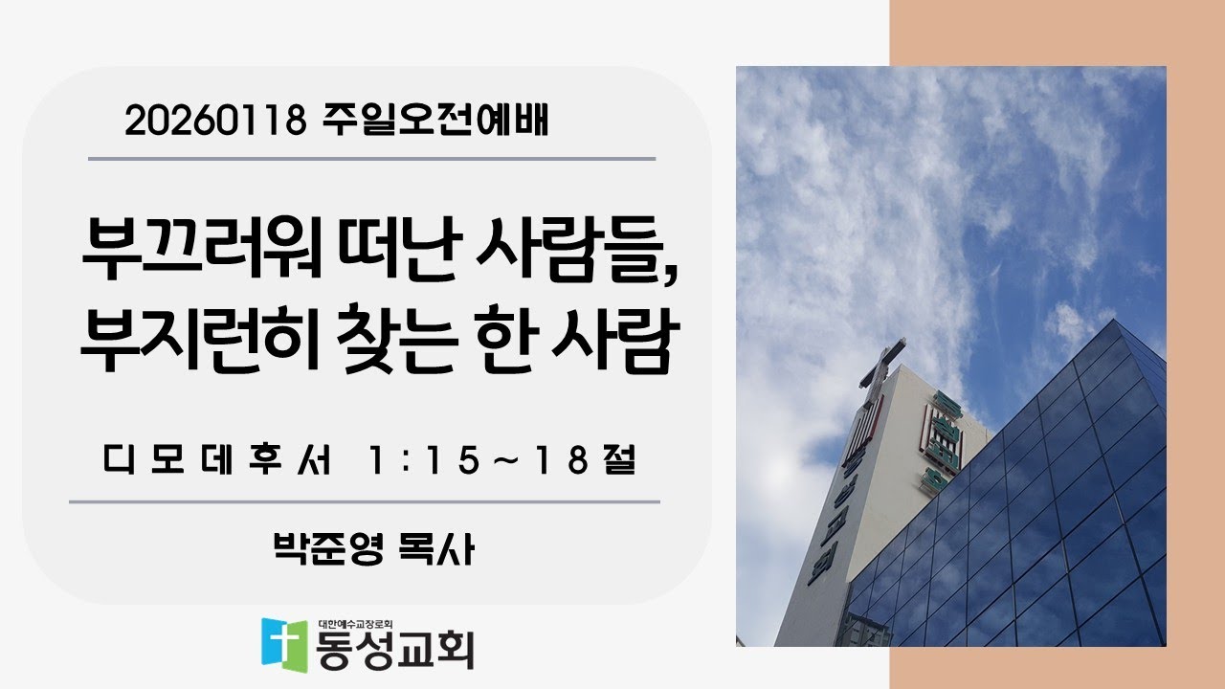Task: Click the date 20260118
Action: pyautogui.click(x=214, y=121)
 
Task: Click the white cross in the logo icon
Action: pyautogui.click(x=285, y=644)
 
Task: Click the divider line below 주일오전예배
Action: pyautogui.click(x=371, y=159)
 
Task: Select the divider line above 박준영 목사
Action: pyautogui.click(x=364, y=501)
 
